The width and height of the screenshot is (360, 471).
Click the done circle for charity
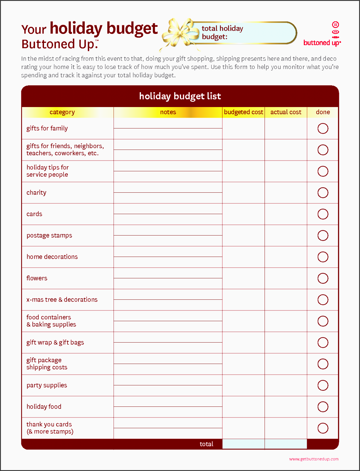point(323,193)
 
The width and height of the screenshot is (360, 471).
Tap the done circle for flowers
point(323,278)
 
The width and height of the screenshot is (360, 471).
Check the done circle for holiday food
point(323,407)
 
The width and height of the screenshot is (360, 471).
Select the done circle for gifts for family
point(323,128)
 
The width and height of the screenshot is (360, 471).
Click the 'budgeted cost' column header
point(243,112)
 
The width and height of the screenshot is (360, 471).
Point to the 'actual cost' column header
point(286,112)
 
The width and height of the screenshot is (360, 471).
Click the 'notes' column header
point(168,112)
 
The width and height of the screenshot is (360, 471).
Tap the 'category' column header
point(62,112)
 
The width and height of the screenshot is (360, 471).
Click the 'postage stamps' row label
point(49,235)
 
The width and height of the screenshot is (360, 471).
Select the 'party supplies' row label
point(47,385)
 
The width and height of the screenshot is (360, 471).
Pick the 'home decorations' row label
point(52,257)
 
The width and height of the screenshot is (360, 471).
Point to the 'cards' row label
point(34,214)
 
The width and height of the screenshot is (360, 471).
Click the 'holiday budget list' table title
point(180,96)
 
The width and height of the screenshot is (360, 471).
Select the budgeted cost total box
point(243,444)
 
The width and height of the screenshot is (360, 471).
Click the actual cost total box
point(286,444)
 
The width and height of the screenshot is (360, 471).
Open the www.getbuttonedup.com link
point(314,459)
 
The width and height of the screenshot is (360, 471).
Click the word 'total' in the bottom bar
point(206,444)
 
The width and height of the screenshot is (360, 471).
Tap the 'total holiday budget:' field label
point(222,32)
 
